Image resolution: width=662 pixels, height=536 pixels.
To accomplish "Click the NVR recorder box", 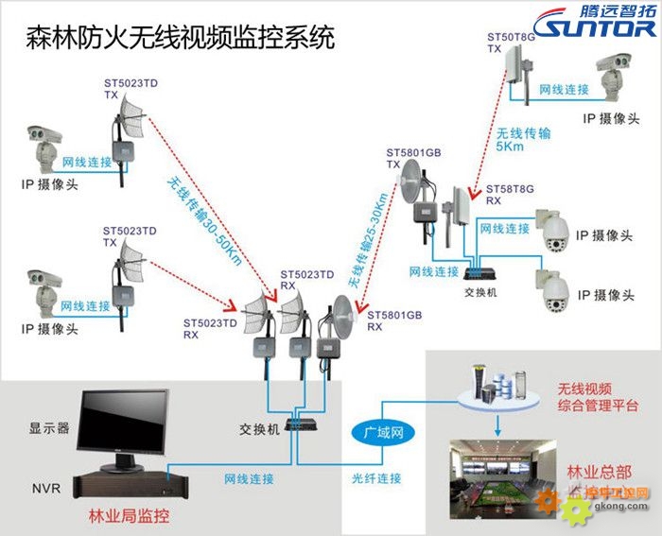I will [x=123, y=484].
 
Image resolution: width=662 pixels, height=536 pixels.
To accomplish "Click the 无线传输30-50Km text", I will [x=203, y=219].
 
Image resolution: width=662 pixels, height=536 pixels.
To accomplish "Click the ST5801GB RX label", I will [x=388, y=320].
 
